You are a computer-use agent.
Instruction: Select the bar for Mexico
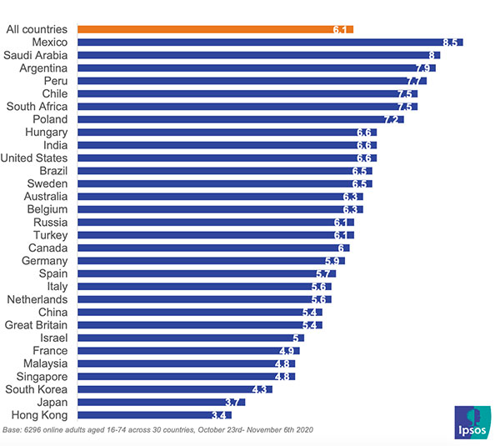(x=267, y=43)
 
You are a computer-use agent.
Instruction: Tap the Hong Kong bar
(x=154, y=414)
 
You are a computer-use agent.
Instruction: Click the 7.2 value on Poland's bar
(x=392, y=120)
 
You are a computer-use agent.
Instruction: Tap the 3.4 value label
(x=220, y=414)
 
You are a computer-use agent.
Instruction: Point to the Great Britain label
(x=42, y=325)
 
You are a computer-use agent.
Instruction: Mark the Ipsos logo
(x=472, y=422)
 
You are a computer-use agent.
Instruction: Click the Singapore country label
(x=48, y=376)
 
